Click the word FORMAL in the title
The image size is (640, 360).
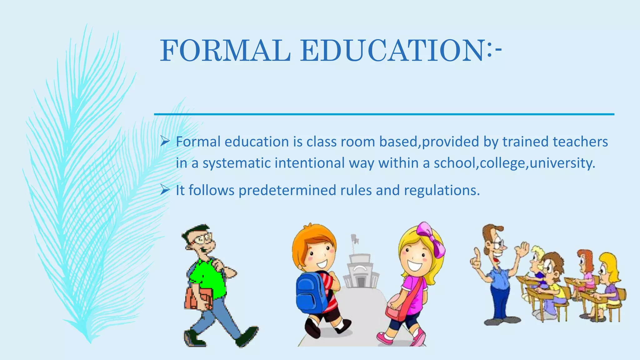225,51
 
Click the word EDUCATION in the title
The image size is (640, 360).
392,51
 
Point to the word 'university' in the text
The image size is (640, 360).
561,163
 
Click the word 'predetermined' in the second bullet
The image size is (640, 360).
287,190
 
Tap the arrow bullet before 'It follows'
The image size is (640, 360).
165,190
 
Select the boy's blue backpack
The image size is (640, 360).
311,294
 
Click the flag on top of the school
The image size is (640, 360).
355,239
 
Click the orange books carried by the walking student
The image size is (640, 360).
198,298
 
